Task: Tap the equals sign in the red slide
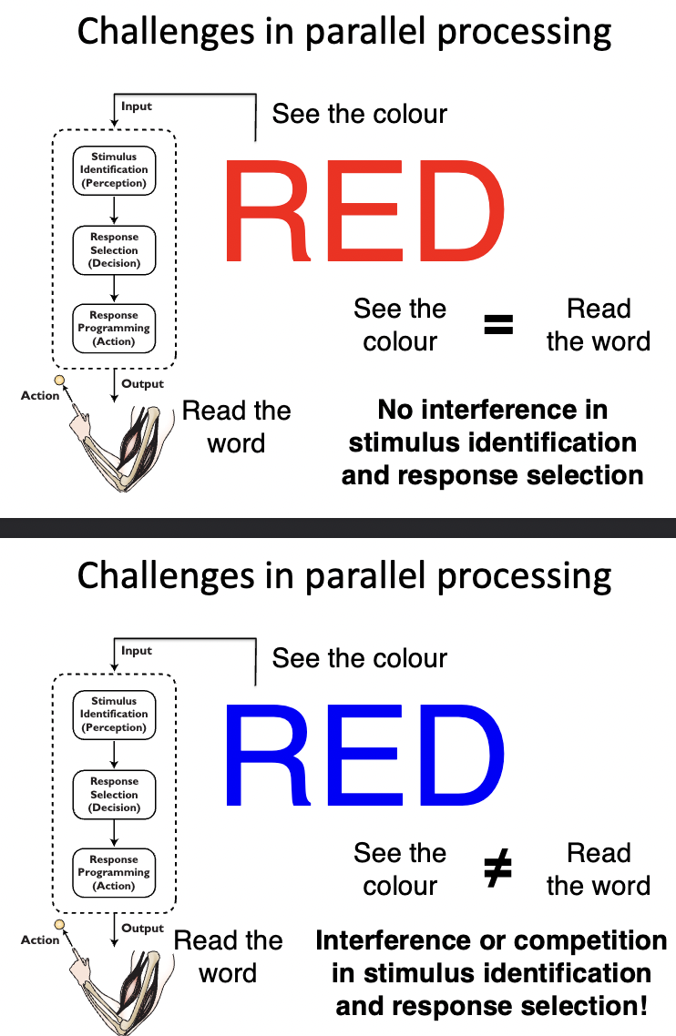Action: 498,325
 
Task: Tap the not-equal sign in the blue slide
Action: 497,869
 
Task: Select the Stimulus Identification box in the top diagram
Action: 114,169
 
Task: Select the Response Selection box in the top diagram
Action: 114,249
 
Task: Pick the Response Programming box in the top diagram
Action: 114,328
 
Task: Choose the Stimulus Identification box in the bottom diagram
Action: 114,714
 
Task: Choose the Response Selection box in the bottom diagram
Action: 114,794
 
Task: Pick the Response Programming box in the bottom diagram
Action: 114,872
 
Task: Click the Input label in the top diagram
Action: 137,107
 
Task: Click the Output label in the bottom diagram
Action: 143,929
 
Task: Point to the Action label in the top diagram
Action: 40,396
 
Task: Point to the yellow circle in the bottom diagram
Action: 60,925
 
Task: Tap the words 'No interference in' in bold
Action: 493,410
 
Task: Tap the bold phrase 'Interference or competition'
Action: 491,940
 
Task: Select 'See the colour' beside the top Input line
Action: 360,114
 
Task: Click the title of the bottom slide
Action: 344,576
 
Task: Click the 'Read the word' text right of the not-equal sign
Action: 599,869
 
